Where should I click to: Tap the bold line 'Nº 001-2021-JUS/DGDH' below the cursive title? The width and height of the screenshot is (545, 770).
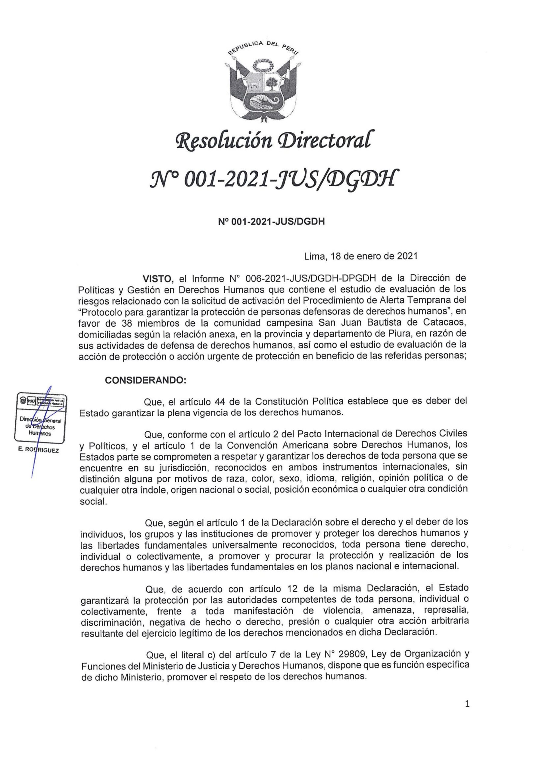click(272, 222)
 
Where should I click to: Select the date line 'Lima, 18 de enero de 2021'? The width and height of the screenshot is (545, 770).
click(361, 256)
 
